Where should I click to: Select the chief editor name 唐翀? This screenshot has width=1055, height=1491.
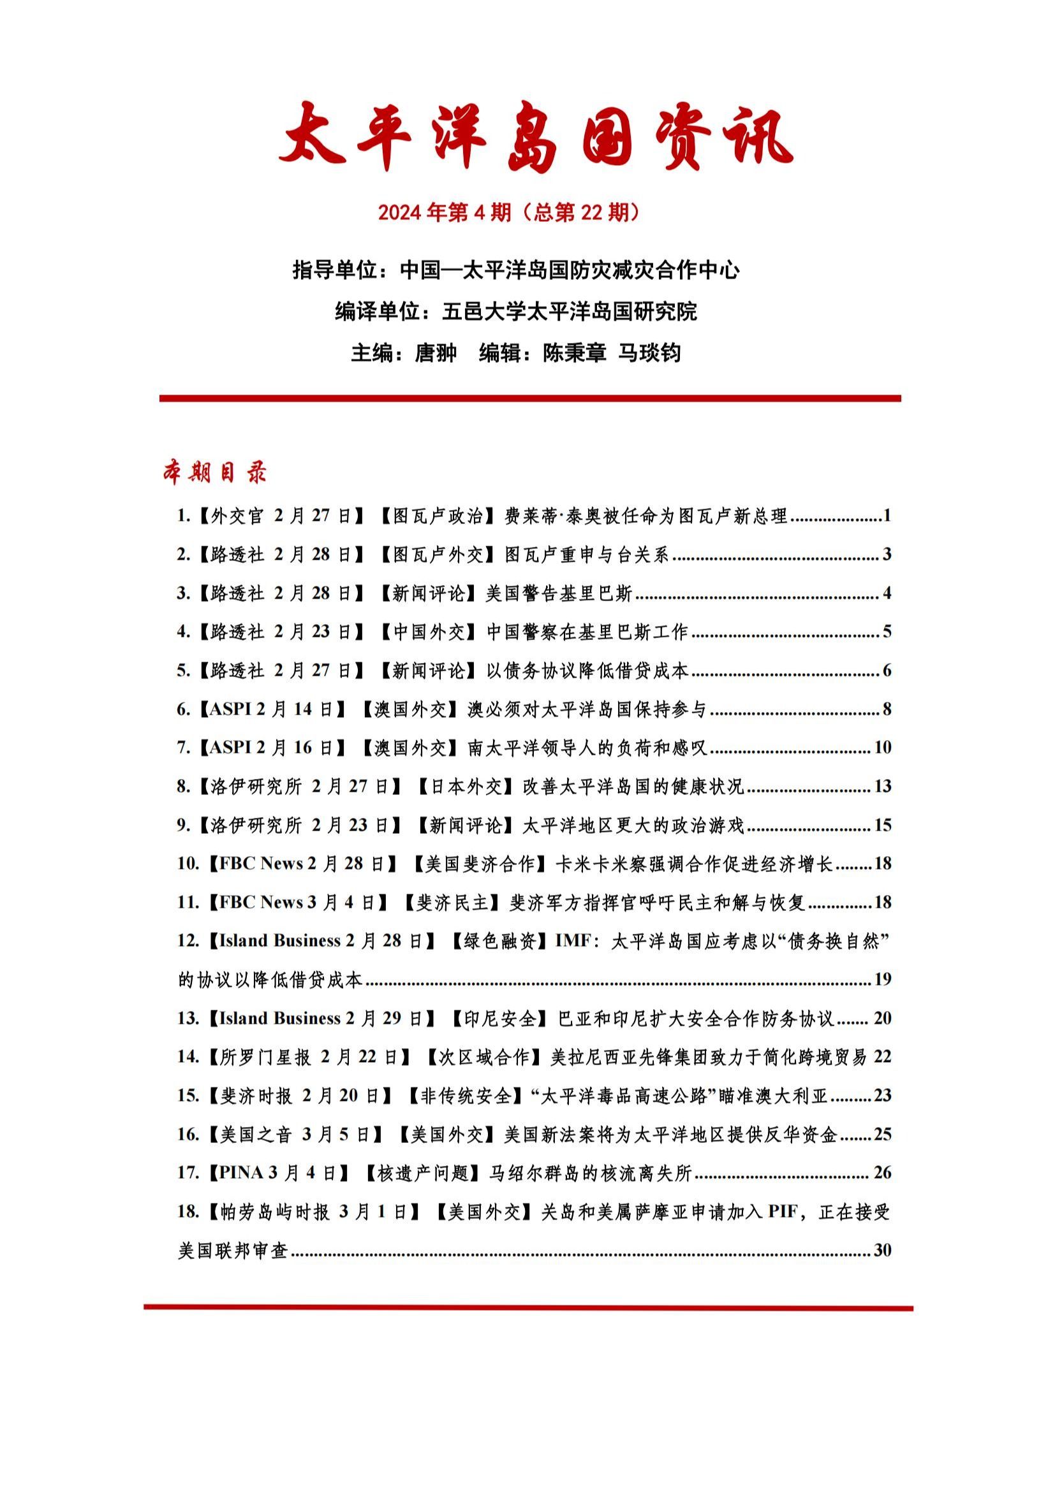pos(435,353)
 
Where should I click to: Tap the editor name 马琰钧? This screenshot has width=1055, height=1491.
pos(648,353)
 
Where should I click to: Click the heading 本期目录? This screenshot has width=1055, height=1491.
pos(214,473)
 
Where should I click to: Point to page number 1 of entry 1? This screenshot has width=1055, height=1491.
pos(887,516)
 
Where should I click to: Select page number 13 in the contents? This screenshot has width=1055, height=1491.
pos(882,787)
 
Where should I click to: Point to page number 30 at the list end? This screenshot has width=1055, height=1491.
pos(882,1249)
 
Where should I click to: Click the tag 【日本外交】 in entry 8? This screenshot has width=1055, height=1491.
pos(466,787)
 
